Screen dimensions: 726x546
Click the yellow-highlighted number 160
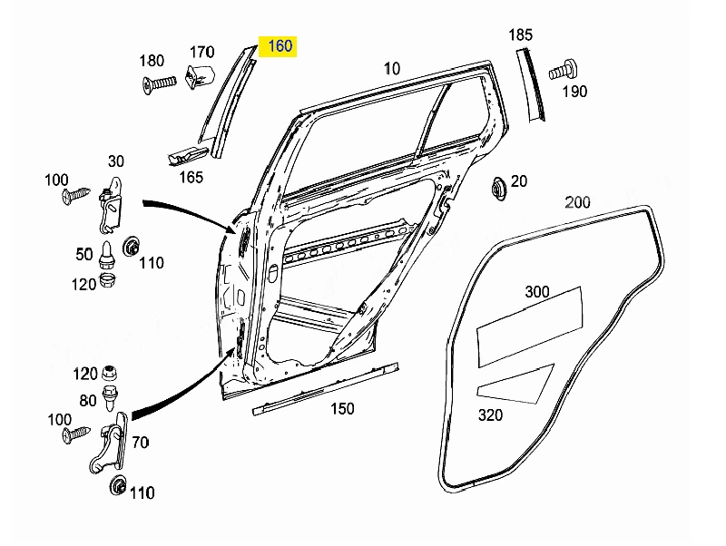[280, 46]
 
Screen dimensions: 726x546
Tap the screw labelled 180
[160, 83]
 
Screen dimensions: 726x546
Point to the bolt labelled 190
[563, 71]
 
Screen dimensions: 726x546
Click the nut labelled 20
[498, 189]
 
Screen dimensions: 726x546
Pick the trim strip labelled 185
[531, 85]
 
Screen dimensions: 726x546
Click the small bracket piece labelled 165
[187, 156]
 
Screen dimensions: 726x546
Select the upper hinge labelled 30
[111, 204]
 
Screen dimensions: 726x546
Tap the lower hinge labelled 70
[109, 443]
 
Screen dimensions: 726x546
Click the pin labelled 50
[106, 256]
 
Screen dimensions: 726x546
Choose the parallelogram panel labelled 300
[529, 327]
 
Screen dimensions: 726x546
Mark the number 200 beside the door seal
[577, 202]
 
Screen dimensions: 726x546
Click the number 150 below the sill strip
[342, 408]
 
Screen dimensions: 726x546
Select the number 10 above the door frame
[392, 69]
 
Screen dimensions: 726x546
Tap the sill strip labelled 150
[326, 389]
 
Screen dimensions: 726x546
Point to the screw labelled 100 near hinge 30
[75, 196]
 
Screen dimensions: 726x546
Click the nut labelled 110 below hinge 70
[118, 485]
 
